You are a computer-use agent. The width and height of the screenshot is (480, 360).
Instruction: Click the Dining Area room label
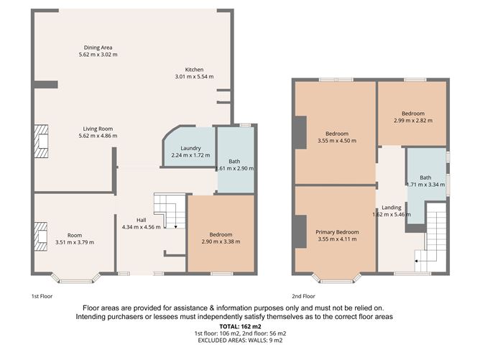click(x=98, y=47)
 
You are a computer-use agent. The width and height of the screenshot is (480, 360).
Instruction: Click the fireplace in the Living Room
click(x=42, y=141)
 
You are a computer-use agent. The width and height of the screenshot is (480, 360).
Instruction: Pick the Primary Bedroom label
click(x=336, y=233)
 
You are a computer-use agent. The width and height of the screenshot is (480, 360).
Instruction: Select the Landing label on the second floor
click(x=392, y=208)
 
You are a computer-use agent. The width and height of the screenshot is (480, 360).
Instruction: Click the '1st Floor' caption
click(x=41, y=296)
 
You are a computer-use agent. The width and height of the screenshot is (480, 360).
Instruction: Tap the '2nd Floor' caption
click(x=303, y=296)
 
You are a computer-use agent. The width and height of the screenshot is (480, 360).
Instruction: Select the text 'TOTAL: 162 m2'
click(x=239, y=327)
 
